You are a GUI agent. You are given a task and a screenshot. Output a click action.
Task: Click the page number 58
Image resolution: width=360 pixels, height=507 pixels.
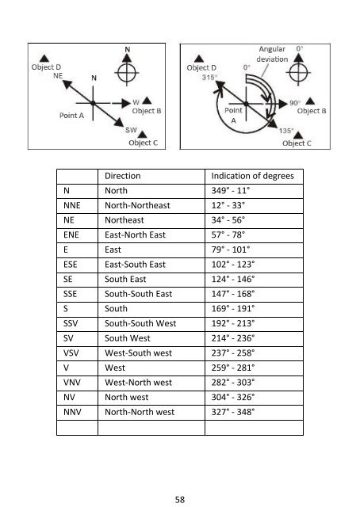(x=180, y=499)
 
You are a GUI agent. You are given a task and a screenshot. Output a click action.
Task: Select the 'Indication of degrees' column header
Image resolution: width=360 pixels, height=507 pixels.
(x=252, y=176)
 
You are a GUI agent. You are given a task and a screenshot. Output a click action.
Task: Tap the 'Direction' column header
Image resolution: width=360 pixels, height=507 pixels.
(x=123, y=176)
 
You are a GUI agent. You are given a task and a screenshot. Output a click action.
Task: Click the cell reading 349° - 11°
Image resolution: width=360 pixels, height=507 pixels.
(x=231, y=190)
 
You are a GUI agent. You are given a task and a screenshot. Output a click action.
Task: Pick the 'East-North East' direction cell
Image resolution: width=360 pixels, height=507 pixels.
(x=135, y=234)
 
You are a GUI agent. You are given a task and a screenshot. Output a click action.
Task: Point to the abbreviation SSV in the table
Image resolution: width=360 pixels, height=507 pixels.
(x=71, y=323)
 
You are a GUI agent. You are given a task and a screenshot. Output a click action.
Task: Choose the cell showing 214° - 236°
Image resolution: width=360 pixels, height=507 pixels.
(x=233, y=338)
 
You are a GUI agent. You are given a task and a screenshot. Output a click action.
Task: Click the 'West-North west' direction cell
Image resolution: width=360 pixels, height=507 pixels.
(x=138, y=383)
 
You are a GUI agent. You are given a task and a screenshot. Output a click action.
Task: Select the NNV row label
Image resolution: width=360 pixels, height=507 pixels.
(x=72, y=412)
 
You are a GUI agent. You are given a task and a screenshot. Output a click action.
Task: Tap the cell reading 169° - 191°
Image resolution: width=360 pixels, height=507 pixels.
(x=233, y=308)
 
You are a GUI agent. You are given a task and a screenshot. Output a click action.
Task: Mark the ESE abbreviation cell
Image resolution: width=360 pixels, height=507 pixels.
(x=71, y=265)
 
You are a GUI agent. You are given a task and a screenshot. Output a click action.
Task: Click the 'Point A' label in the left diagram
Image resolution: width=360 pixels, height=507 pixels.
(x=71, y=116)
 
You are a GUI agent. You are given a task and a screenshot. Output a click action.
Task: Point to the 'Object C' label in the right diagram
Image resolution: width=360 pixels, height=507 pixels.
(x=297, y=143)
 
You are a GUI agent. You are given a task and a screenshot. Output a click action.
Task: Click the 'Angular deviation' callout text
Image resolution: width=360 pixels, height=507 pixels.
(x=272, y=54)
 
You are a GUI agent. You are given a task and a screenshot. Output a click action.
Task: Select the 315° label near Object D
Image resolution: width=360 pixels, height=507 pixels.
(x=209, y=78)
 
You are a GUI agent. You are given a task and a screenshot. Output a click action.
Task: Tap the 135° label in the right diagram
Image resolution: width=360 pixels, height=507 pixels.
(x=286, y=131)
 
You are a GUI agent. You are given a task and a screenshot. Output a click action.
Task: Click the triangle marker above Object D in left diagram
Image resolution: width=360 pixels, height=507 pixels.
(x=44, y=59)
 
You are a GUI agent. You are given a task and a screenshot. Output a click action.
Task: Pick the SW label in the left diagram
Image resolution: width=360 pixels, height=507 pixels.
(x=131, y=130)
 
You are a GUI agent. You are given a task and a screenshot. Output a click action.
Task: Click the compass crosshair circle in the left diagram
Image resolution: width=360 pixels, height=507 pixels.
(x=127, y=73)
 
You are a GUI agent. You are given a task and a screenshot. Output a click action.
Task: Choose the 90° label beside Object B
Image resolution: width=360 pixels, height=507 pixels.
(x=295, y=103)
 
